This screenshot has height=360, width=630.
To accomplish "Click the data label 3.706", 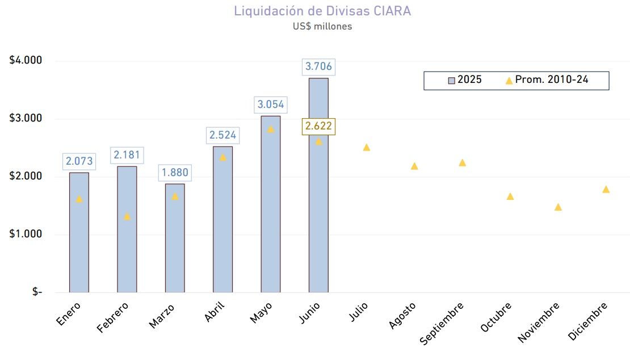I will [x=318, y=66].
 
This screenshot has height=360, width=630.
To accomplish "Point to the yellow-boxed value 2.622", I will [x=318, y=126].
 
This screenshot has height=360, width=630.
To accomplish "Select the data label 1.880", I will [x=175, y=173].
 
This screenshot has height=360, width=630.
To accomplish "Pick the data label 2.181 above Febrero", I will [x=127, y=155].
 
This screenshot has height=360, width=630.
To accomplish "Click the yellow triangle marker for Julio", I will [x=367, y=148].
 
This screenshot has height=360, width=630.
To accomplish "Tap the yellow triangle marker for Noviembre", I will [x=558, y=207].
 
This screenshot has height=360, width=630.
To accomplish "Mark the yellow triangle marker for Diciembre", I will [x=606, y=190].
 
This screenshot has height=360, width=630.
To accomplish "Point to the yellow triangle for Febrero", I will [x=127, y=216].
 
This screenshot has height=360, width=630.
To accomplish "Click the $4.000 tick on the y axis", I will [x=26, y=61].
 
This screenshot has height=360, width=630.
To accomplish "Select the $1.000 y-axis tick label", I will [x=26, y=234].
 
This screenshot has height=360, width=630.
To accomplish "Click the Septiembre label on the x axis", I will [x=443, y=323].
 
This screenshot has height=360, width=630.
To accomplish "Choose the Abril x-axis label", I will [x=215, y=312].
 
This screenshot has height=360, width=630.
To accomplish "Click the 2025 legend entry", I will [x=465, y=80].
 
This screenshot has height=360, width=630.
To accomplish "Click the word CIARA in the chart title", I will [x=392, y=11].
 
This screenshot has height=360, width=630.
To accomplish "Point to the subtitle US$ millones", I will [x=322, y=27].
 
